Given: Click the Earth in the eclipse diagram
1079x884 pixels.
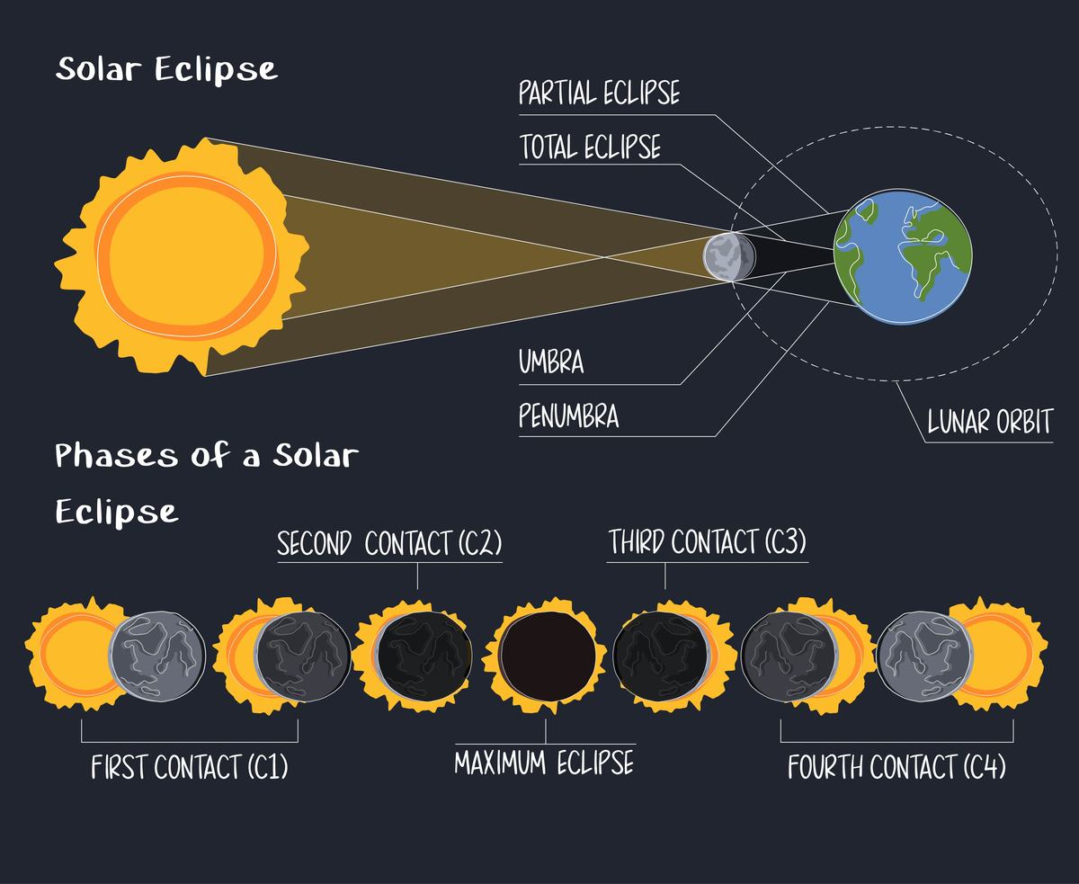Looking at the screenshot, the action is (903, 257).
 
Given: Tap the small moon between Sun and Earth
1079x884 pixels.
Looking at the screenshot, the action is (728, 257).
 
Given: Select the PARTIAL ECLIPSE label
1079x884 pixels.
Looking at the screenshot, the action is (599, 93).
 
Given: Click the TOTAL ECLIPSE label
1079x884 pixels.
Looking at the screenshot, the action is (590, 147).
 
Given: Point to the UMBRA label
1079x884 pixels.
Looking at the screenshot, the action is (551, 362).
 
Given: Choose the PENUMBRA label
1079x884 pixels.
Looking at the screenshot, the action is (568, 415).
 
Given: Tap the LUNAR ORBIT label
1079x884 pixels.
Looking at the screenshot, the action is (989, 422).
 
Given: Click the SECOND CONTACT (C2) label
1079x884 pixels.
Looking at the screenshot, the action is (389, 543).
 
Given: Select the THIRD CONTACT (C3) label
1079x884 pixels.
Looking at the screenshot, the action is (707, 541).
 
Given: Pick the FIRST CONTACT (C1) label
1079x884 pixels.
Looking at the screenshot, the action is (190, 767).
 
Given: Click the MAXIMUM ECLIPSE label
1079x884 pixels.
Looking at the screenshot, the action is (544, 763).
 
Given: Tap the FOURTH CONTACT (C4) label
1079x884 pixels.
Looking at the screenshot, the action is (896, 767).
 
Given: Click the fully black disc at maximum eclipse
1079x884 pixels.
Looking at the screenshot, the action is (548, 656).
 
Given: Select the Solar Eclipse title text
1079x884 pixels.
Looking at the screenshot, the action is (166, 69).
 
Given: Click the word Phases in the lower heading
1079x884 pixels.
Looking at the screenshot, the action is (117, 455).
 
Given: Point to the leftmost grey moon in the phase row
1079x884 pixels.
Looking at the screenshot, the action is (157, 656).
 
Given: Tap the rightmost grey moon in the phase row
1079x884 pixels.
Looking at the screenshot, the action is (924, 656).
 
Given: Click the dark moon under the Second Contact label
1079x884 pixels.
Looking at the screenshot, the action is (424, 656).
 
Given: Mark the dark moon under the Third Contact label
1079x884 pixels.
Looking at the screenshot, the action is (662, 656).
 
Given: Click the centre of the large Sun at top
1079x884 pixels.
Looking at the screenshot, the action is (187, 254).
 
